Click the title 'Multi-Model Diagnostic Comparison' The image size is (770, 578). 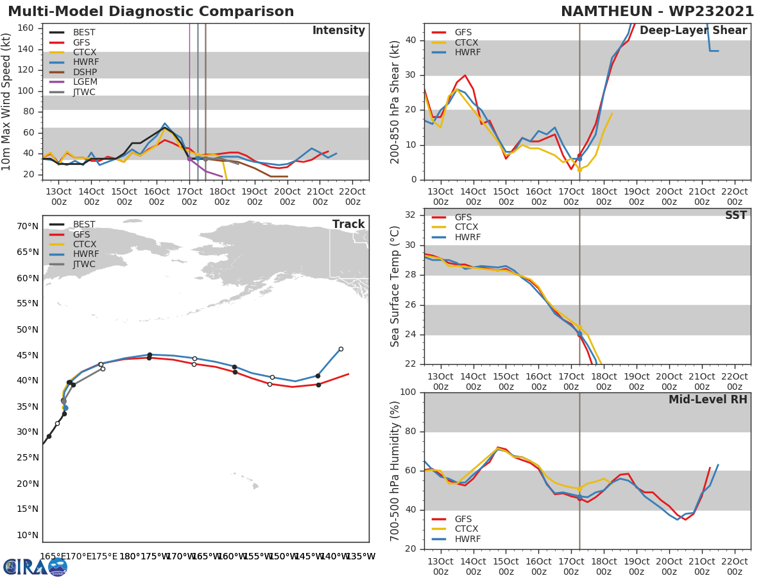click(151, 12)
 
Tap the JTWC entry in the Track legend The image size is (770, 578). click(84, 265)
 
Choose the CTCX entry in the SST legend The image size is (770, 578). click(466, 227)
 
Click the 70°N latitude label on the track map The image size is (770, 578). click(28, 226)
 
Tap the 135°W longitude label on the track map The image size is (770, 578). click(361, 556)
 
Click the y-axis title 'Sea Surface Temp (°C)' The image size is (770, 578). click(395, 286)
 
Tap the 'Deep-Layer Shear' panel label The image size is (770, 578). click(693, 31)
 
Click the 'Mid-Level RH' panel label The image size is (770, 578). click(708, 400)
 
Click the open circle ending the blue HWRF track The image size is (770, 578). click(341, 349)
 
